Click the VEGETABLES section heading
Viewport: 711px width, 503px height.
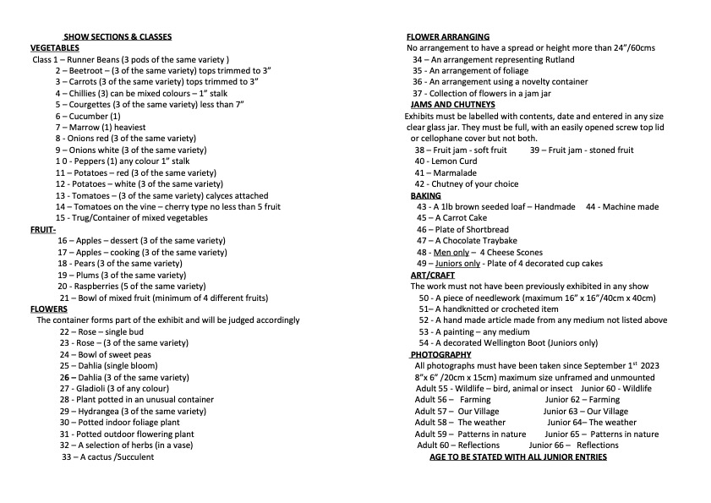click(x=55, y=47)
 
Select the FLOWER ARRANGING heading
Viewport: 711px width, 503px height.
click(x=447, y=36)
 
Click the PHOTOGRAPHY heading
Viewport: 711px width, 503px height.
click(x=440, y=354)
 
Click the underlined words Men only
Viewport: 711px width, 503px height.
click(x=451, y=252)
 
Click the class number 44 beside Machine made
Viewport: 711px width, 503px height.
click(x=591, y=207)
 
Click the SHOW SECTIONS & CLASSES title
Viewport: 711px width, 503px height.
click(x=118, y=36)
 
